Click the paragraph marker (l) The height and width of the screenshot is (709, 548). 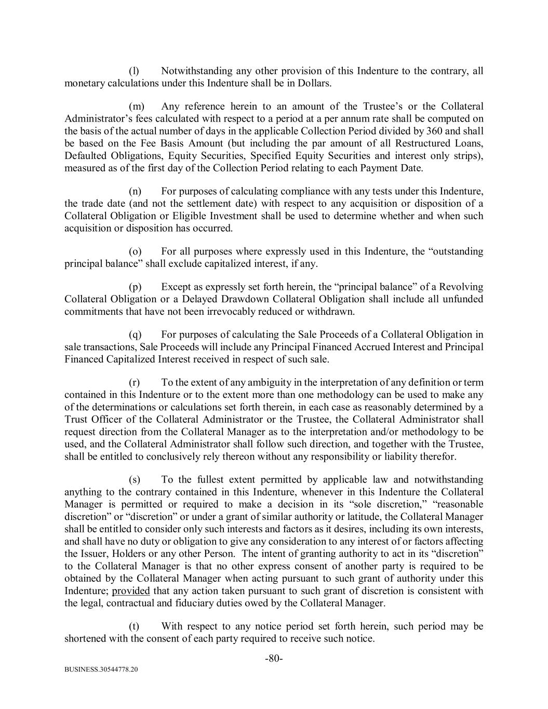click(x=133, y=71)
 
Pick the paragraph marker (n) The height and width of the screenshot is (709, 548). click(x=135, y=191)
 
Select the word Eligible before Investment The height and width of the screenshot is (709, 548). click(x=190, y=216)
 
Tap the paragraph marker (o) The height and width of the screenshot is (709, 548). click(x=135, y=251)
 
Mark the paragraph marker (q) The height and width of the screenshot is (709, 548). click(x=135, y=335)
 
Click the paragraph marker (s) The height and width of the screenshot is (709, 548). click(x=134, y=479)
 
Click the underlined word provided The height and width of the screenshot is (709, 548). click(x=131, y=591)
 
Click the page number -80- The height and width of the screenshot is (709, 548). click(x=274, y=659)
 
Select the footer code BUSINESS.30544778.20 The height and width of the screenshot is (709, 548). click(x=101, y=671)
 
